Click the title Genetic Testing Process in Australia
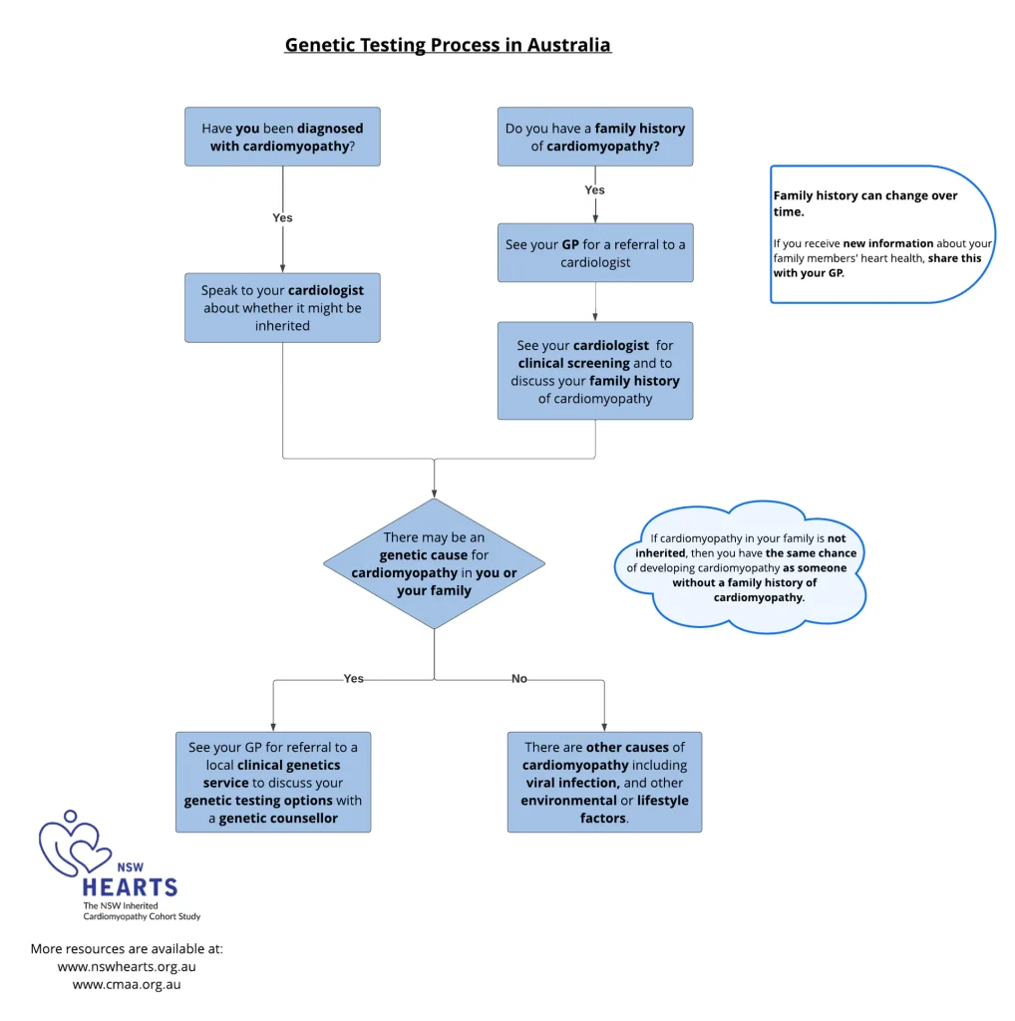tap(448, 45)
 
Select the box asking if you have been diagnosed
tap(282, 137)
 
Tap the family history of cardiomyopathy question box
tap(595, 137)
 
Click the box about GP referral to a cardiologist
tap(595, 253)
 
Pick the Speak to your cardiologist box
tap(282, 308)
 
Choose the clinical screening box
tap(595, 371)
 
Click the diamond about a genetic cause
tap(434, 564)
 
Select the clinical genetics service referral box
tap(273, 783)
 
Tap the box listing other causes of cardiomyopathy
tap(604, 783)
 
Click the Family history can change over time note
tap(882, 234)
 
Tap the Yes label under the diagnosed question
tap(282, 217)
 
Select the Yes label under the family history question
tap(594, 189)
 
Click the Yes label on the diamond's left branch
tap(354, 679)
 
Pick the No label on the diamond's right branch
tap(518, 679)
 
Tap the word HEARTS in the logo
tap(130, 886)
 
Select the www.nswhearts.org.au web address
tap(126, 966)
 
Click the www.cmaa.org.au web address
tap(127, 984)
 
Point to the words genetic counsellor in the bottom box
tap(278, 819)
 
